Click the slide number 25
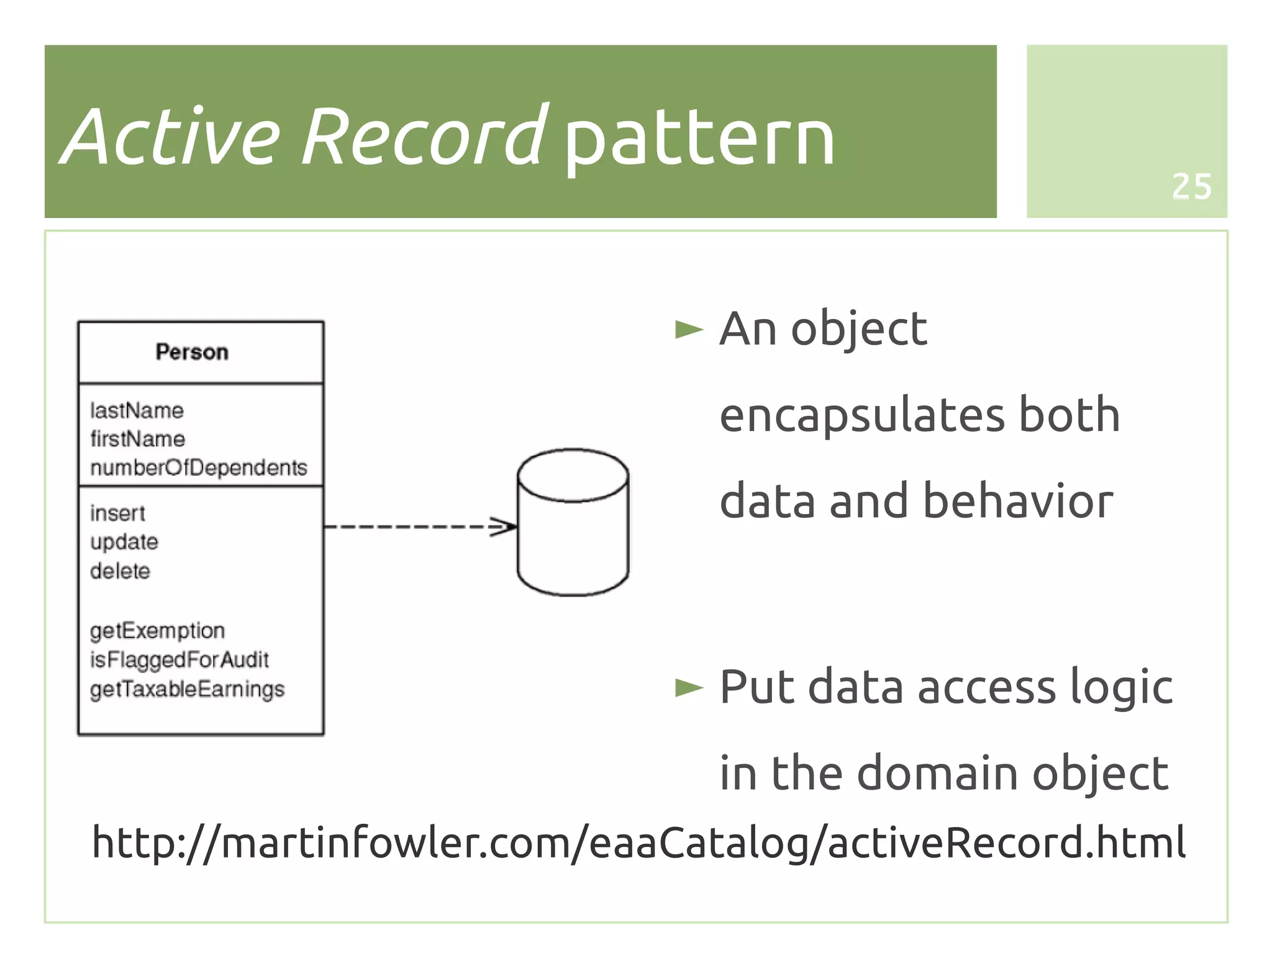coord(1191,186)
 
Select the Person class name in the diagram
coord(192,352)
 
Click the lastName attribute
coord(137,410)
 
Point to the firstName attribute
coord(137,439)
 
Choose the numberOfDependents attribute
coord(198,467)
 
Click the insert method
coord(117,513)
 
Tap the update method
coord(124,542)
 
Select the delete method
coord(120,571)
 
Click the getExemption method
coord(157,631)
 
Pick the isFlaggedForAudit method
coord(179,659)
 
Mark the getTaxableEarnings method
coord(187,689)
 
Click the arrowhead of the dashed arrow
coord(506,526)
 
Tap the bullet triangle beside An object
coord(688,330)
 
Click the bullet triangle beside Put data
coord(688,687)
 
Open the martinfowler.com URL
coord(638,842)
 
